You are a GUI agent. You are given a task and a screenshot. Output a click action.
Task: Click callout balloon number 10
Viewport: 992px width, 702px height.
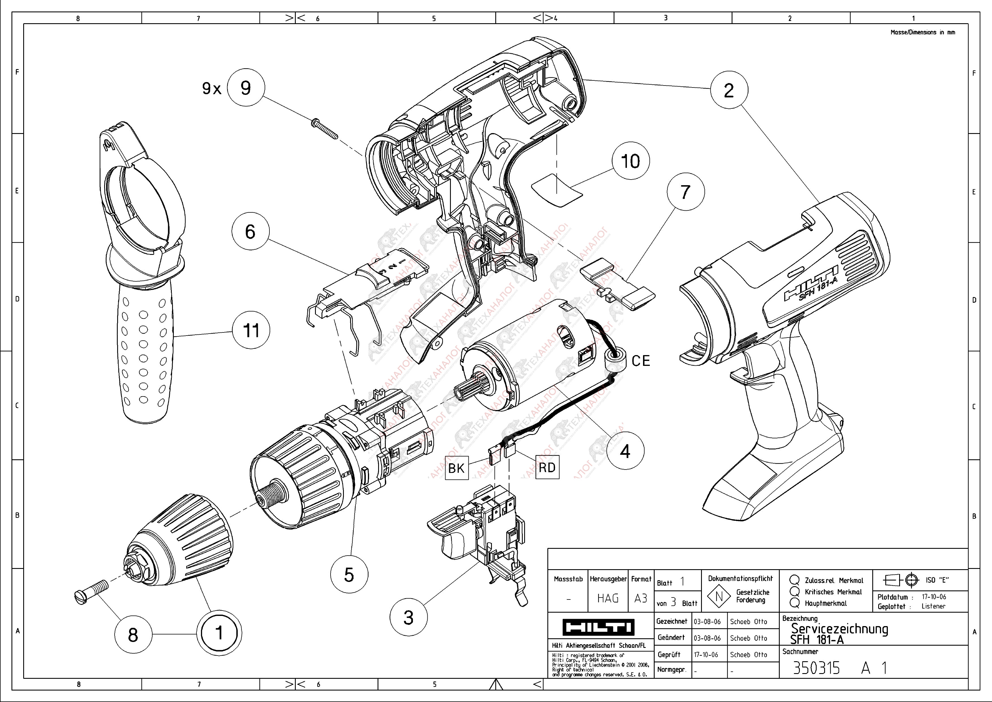tap(630, 161)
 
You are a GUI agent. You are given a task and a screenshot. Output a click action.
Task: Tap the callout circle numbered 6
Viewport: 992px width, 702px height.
tap(250, 232)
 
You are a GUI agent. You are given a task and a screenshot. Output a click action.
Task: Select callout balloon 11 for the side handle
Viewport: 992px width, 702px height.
tap(251, 331)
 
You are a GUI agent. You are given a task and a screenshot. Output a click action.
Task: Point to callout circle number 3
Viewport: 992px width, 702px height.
tap(408, 618)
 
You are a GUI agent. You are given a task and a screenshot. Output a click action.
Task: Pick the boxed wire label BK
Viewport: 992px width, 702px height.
tap(456, 468)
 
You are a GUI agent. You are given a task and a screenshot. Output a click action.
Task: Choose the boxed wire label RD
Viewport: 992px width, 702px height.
tap(547, 467)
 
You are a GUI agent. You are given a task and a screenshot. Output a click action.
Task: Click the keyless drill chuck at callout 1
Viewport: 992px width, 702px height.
tap(181, 540)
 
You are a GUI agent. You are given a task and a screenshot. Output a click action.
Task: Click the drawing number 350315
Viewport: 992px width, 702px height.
tap(816, 668)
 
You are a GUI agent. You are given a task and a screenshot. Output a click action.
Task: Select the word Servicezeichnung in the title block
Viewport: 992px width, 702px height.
tap(839, 629)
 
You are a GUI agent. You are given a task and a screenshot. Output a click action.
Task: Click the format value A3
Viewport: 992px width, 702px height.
tap(641, 598)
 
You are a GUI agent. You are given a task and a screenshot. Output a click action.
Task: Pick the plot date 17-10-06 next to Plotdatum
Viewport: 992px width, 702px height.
tap(934, 597)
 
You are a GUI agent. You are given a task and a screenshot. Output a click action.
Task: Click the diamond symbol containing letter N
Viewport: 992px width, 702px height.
tap(719, 597)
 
